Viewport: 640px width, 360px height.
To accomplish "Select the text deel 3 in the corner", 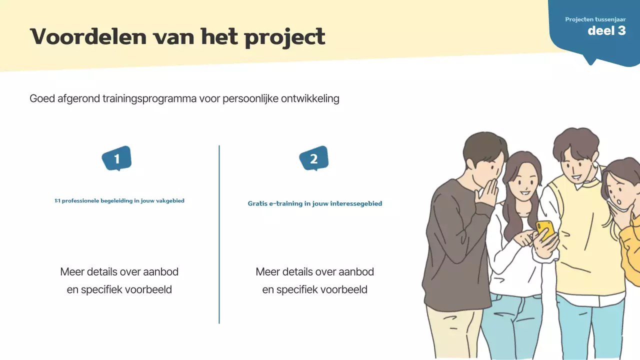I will (x=606, y=30).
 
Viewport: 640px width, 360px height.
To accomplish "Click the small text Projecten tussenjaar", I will (x=595, y=19).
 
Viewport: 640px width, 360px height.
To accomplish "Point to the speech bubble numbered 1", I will (x=116, y=159).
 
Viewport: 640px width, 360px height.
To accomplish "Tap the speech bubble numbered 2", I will (x=313, y=159).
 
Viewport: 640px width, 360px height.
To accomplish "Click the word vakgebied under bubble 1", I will (x=171, y=201).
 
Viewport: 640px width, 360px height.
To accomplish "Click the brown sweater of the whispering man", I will (x=450, y=240).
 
